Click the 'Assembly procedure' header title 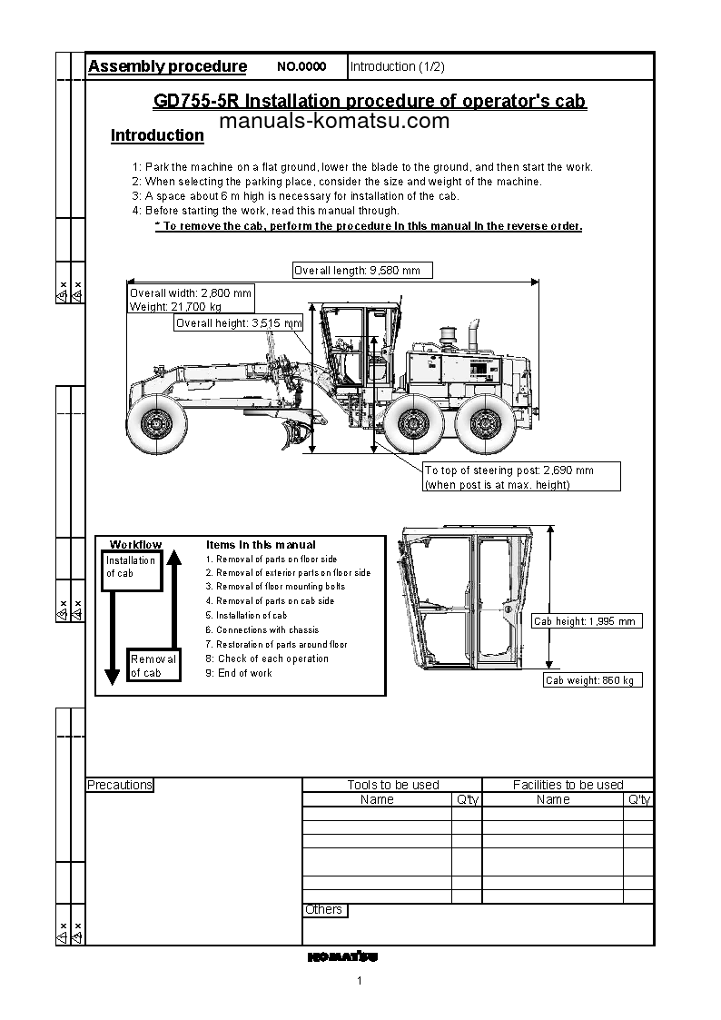pyautogui.click(x=167, y=66)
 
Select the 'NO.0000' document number pyautogui.click(x=301, y=67)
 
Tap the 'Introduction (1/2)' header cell pyautogui.click(x=397, y=67)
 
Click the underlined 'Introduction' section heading pyautogui.click(x=157, y=135)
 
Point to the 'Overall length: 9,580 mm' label pyautogui.click(x=362, y=270)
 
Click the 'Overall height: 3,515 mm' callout pyautogui.click(x=238, y=323)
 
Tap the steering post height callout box pyautogui.click(x=521, y=477)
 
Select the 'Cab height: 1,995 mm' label pyautogui.click(x=587, y=621)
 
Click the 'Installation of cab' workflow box pyautogui.click(x=131, y=568)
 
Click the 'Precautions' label pyautogui.click(x=120, y=785)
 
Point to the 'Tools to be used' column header pyautogui.click(x=392, y=785)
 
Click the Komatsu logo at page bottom pyautogui.click(x=341, y=956)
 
